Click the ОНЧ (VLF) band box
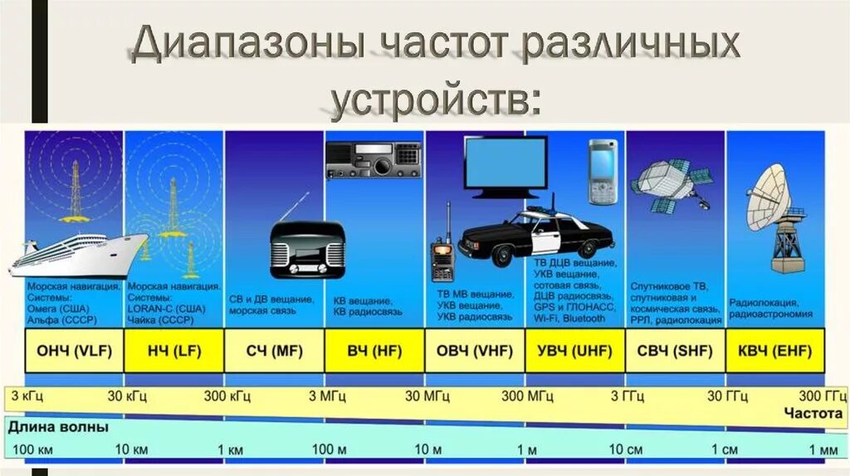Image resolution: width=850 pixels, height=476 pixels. [x=74, y=351]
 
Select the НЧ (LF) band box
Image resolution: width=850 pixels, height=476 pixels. [x=173, y=351]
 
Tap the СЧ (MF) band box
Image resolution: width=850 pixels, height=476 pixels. [x=274, y=351]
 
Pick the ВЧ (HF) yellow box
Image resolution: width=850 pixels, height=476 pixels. [x=374, y=351]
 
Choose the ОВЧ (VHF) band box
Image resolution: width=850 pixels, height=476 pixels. [x=475, y=351]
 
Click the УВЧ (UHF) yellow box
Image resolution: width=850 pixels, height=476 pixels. [x=574, y=351]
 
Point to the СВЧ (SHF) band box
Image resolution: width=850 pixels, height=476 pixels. [x=675, y=351]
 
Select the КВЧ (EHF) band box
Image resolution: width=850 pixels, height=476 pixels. [x=775, y=351]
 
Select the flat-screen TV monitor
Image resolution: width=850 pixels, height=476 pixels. [x=506, y=166]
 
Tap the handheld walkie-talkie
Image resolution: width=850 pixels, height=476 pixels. [x=442, y=253]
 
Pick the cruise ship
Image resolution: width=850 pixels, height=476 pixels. [x=79, y=253]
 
